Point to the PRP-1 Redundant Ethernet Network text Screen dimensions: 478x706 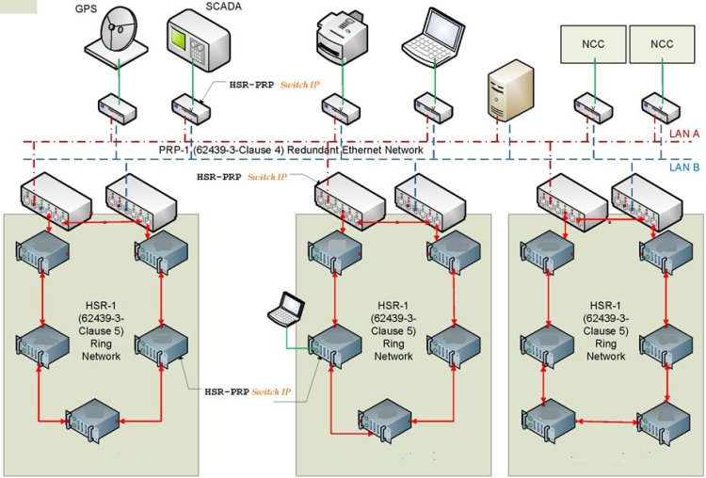click(292, 150)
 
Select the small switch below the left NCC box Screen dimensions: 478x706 click(596, 106)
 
